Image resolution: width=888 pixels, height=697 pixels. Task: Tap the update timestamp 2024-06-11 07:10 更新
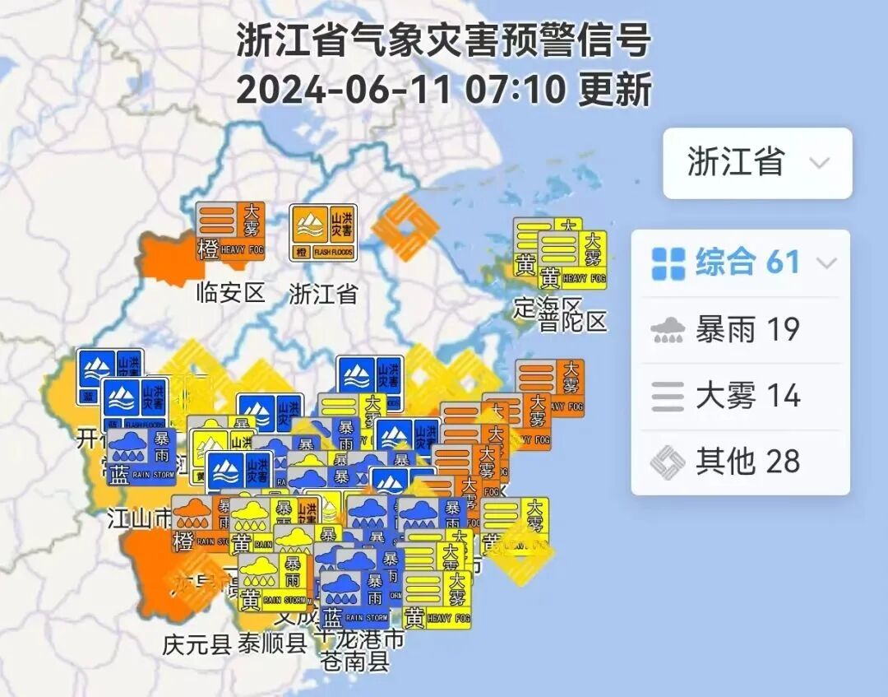[444, 89]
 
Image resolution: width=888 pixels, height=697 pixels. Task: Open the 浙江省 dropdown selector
[757, 163]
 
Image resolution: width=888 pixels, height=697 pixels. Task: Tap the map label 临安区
[230, 291]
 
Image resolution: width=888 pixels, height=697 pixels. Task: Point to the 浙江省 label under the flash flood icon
[323, 293]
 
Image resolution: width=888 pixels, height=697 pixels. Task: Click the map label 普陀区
[574, 320]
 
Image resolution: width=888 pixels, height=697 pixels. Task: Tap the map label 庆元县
[197, 644]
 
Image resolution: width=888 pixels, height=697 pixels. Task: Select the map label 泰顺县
[272, 644]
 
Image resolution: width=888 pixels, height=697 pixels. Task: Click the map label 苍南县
[355, 661]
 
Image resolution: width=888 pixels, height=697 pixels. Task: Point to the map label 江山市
[140, 518]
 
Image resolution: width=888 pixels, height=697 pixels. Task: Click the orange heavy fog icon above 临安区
[231, 231]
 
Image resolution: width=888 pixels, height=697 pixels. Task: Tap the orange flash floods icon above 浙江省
[323, 233]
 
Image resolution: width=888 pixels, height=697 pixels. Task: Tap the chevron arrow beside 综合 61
[826, 263]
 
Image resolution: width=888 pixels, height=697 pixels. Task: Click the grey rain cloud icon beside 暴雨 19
[668, 330]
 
